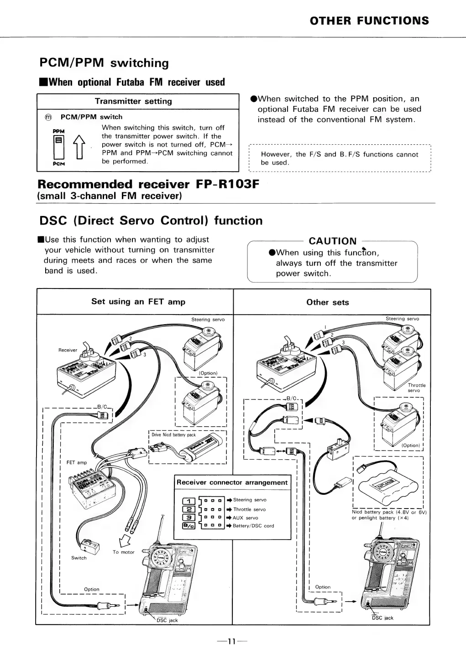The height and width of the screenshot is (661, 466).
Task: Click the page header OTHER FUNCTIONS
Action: pos(369,21)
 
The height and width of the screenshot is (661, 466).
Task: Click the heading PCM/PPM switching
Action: pos(104,63)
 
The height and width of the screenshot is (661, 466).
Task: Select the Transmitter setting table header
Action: pos(133,101)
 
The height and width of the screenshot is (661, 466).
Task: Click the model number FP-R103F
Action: pos(227,185)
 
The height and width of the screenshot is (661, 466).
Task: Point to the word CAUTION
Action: pos(333,241)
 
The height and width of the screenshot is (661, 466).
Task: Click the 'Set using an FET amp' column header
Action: pos(138,301)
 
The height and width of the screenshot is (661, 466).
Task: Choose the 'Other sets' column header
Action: pos(327,302)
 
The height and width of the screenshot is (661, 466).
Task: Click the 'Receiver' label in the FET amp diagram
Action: pos(68,350)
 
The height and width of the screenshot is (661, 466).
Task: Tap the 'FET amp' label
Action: pos(77,462)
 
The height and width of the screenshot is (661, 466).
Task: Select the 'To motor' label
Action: pos(124,552)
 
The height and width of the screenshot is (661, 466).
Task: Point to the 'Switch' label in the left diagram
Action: pos(79,558)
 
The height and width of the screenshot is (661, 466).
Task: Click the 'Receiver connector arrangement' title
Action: pos(232,483)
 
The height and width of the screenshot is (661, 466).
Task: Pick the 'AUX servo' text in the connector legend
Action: pos(245,518)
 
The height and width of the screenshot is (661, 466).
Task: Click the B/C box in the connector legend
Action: pos(188,526)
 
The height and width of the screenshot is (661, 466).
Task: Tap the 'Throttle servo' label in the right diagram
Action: pos(416,388)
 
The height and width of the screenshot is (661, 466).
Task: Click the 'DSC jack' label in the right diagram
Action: pos(382,618)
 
